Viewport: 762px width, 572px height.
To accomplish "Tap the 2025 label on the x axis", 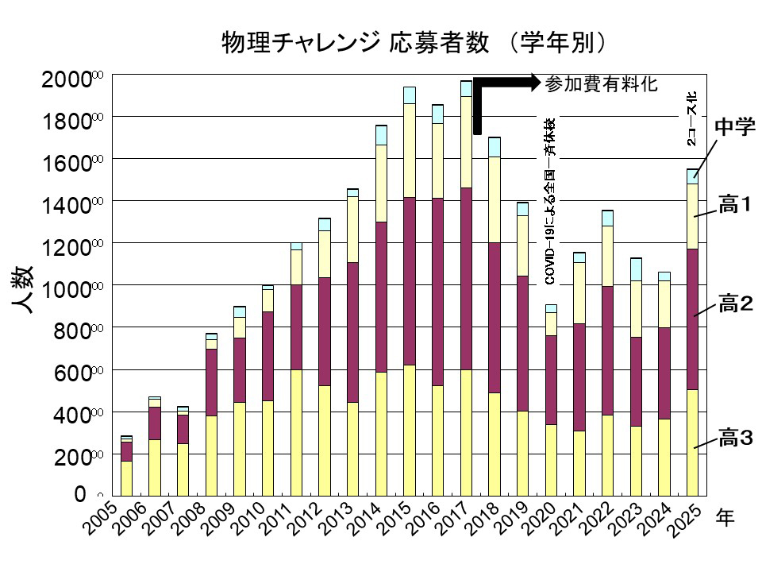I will click(683, 520).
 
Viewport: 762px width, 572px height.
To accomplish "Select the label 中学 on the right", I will click(734, 127).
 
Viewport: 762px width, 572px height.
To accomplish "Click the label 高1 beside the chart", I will click(734, 206).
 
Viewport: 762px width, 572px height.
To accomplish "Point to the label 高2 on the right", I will click(734, 303).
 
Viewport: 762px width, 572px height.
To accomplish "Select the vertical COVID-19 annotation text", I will click(548, 203).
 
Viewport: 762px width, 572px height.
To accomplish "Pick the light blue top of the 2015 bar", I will click(410, 95).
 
